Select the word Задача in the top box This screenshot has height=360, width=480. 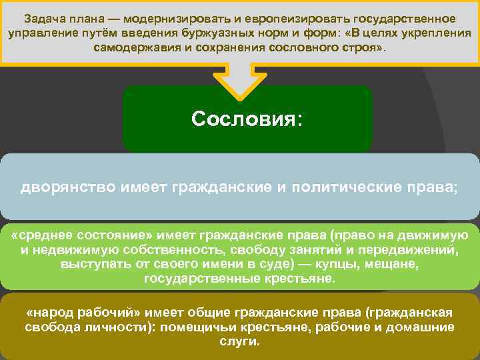(x=45, y=17)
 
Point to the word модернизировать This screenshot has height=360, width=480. (x=169, y=17)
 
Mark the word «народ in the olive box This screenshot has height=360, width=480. (x=51, y=313)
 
